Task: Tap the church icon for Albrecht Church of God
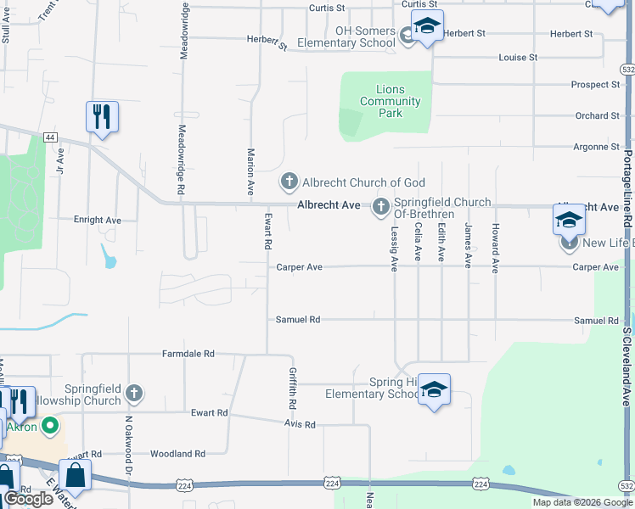[289, 182]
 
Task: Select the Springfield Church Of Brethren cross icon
[380, 204]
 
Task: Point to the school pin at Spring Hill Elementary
[434, 390]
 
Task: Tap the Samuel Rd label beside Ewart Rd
[298, 320]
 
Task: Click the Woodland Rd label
[177, 454]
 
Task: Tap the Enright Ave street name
[98, 220]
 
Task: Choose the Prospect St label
[596, 85]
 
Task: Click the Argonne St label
[597, 147]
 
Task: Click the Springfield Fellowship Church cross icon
[133, 393]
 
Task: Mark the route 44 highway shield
[51, 137]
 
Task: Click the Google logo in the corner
[29, 499]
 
